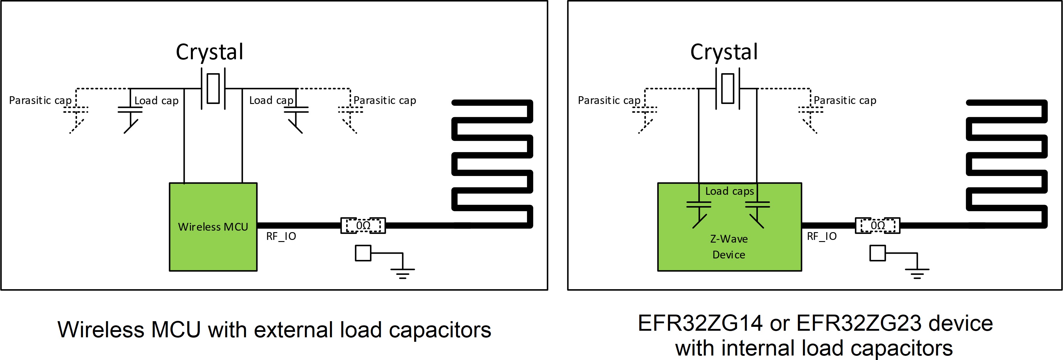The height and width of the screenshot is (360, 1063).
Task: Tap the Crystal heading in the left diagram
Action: point(210,52)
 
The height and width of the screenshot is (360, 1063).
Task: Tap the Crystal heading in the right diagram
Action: point(724,52)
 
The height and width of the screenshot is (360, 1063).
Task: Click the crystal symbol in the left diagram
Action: point(213,88)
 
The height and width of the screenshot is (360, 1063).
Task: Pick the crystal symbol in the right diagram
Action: point(727,88)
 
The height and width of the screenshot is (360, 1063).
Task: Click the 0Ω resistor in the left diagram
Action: point(363,226)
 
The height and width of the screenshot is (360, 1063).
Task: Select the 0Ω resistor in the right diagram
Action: point(877,226)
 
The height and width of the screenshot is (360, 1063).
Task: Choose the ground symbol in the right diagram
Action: point(917,272)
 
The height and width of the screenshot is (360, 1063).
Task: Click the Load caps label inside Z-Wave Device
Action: point(729,191)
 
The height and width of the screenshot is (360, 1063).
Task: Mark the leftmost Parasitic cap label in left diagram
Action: point(40,100)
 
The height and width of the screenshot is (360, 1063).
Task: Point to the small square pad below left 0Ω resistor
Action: point(363,253)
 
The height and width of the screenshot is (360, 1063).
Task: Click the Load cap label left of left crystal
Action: point(156,101)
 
